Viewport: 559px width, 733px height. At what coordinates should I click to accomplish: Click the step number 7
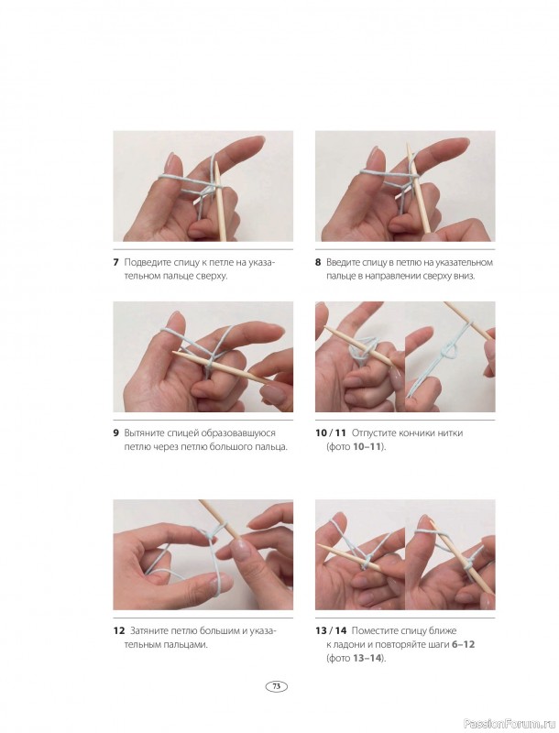click(x=115, y=262)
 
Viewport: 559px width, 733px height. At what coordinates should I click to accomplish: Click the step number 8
click(x=318, y=262)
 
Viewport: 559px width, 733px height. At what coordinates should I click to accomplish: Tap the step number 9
click(x=115, y=432)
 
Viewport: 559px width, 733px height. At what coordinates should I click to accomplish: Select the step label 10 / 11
click(x=331, y=432)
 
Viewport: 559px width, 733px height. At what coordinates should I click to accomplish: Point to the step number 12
click(x=119, y=630)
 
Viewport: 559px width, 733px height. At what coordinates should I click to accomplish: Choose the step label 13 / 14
click(x=331, y=630)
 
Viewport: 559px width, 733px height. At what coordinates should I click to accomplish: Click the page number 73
click(x=276, y=686)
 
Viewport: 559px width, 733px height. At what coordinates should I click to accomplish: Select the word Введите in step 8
click(x=343, y=262)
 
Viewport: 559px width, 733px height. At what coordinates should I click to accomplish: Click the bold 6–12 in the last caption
click(x=463, y=644)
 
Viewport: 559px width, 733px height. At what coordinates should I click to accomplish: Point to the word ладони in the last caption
click(x=343, y=645)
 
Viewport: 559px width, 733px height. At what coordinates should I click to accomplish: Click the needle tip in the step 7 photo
click(x=216, y=164)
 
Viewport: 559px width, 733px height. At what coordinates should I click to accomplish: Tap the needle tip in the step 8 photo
click(x=408, y=145)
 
